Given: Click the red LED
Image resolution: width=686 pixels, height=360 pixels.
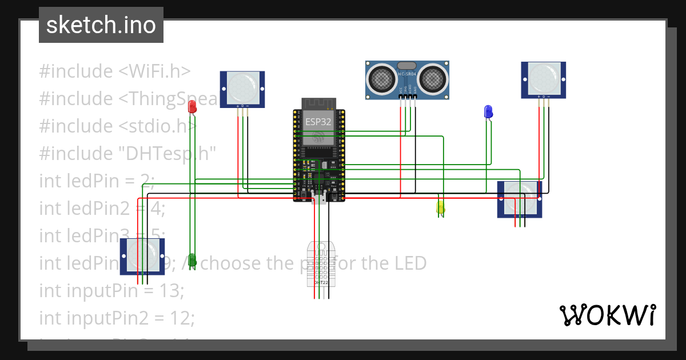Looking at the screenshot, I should coord(193,106).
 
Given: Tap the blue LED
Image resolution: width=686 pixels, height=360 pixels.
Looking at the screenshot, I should coord(488,111).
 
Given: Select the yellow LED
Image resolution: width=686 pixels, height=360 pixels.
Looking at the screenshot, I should coord(440,207).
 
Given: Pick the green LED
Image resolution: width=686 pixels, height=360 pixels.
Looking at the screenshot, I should coord(193,260).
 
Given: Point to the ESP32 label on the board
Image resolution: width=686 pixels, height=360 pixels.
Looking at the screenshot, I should coord(318,121).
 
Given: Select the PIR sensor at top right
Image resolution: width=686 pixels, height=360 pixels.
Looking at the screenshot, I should coord(543,80).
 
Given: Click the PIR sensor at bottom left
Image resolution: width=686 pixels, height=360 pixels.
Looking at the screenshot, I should coord(142,256).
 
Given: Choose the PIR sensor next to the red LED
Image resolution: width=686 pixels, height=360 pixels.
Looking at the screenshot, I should coord(242,89).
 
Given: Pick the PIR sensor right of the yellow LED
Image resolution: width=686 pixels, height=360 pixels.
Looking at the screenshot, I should coord(520,199).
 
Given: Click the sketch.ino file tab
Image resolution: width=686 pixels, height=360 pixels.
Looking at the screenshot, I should coord(101,25).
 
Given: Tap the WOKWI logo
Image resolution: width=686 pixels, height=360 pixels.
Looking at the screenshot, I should coord(607,315).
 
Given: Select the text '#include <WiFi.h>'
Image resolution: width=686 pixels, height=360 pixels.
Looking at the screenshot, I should coord(114,71).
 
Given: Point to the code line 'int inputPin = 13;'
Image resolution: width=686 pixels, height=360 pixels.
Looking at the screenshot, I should coord(111,291).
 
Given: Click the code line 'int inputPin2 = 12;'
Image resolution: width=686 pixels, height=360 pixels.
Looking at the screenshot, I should coord(117,318).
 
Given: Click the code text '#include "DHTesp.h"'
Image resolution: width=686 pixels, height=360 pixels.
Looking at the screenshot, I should coord(127,154).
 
